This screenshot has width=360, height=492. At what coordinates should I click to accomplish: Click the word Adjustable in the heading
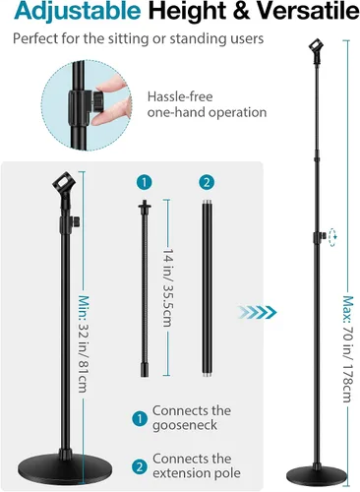(x=78, y=12)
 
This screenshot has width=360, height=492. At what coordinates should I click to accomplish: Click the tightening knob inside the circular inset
(x=97, y=101)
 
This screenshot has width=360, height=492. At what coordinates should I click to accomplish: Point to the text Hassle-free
(x=180, y=96)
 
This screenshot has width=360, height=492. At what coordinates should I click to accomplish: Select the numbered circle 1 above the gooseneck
(x=145, y=182)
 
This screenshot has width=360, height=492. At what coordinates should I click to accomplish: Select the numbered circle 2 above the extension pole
(x=207, y=182)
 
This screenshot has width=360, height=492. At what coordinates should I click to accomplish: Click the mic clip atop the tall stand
(x=316, y=51)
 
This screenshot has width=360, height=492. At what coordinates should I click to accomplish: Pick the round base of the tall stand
(x=317, y=477)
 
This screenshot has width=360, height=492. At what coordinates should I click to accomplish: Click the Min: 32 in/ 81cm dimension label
(x=84, y=343)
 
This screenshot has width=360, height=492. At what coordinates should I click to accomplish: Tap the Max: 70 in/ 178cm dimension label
(x=348, y=349)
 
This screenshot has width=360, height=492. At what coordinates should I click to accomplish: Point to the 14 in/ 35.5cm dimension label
(x=167, y=287)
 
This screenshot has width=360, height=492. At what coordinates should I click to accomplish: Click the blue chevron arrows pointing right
(x=258, y=312)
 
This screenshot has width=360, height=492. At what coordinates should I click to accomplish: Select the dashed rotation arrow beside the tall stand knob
(x=332, y=236)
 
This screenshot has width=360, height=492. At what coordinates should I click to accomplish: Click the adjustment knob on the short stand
(x=76, y=222)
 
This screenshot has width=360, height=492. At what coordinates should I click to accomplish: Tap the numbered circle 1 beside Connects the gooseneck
(x=140, y=419)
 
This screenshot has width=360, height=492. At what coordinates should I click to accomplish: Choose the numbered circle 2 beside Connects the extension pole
(x=140, y=466)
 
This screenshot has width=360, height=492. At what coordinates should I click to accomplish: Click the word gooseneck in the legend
(x=185, y=426)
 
